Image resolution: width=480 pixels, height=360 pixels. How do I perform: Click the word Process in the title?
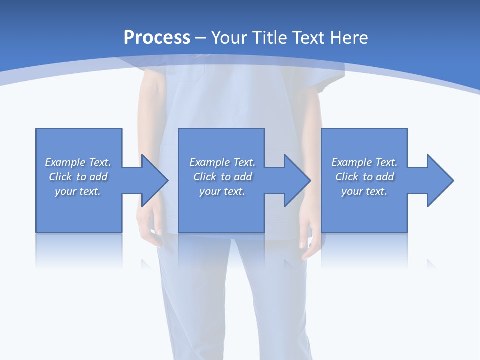(157, 38)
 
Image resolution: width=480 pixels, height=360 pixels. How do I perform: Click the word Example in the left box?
(65, 162)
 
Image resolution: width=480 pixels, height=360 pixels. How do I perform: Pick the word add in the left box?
(98, 177)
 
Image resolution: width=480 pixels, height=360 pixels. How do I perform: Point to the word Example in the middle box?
(209, 162)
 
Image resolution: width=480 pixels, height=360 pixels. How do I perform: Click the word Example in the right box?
(351, 162)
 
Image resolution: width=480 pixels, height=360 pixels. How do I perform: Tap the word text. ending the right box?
(376, 191)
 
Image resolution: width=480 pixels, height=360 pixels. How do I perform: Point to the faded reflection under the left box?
(79, 250)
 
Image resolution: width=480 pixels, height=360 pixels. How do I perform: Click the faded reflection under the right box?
(364, 250)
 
